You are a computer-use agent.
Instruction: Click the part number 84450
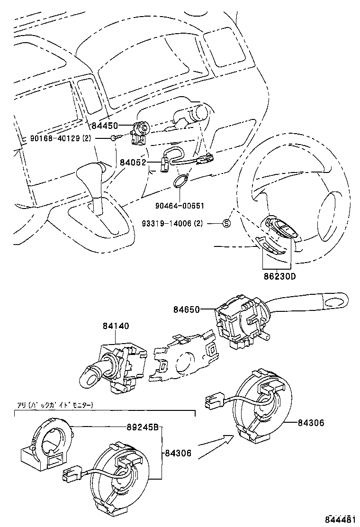[x=104, y=125]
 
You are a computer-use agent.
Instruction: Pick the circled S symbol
[x=226, y=223]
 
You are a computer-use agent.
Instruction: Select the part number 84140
[x=116, y=326]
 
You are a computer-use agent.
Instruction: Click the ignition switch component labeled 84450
[x=140, y=130]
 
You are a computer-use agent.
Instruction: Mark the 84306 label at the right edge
[x=311, y=423]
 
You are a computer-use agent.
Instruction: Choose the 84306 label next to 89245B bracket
[x=178, y=454]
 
